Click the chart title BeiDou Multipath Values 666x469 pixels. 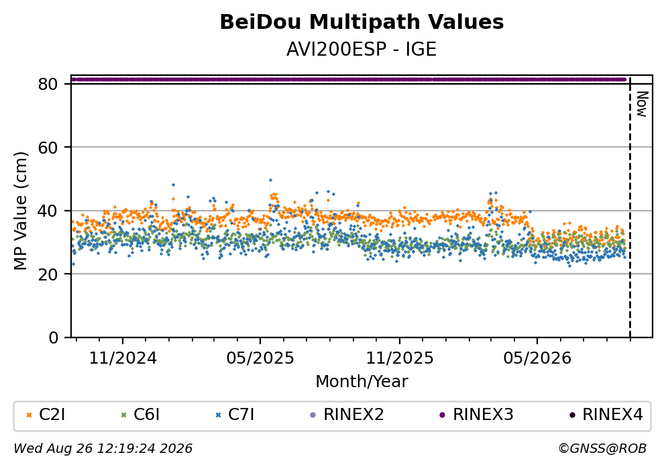pos(362,22)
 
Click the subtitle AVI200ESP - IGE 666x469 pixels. pos(362,50)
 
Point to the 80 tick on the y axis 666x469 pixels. pos(48,84)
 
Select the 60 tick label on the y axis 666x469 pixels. pos(48,148)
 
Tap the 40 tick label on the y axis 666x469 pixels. pos(48,211)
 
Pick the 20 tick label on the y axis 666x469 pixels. pos(48,274)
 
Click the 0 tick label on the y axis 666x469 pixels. pos(53,337)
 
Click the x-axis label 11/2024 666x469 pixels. pos(123,358)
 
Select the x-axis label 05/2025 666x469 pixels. pos(260,358)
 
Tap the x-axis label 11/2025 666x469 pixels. pos(400,358)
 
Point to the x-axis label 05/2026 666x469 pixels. pos(537,358)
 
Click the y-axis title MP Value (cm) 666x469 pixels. pos(20,211)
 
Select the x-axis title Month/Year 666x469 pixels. pos(362,382)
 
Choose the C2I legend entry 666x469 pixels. pos(46,414)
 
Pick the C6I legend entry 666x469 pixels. pos(141,414)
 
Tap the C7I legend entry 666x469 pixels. pos(235,414)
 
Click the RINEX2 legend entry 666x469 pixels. pos(347,414)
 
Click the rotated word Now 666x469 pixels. pos(642,104)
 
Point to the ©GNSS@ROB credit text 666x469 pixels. pos(602,449)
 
